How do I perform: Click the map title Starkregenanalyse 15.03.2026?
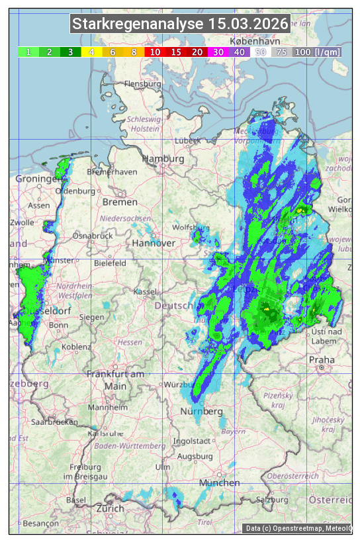180,24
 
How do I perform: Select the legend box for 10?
155,52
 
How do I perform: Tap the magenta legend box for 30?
218,52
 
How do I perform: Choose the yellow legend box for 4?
92,52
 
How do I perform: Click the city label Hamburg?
163,159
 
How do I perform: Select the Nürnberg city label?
202,412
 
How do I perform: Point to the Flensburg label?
142,85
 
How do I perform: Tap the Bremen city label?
120,202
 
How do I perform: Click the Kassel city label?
144,291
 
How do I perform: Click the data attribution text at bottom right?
298,528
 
